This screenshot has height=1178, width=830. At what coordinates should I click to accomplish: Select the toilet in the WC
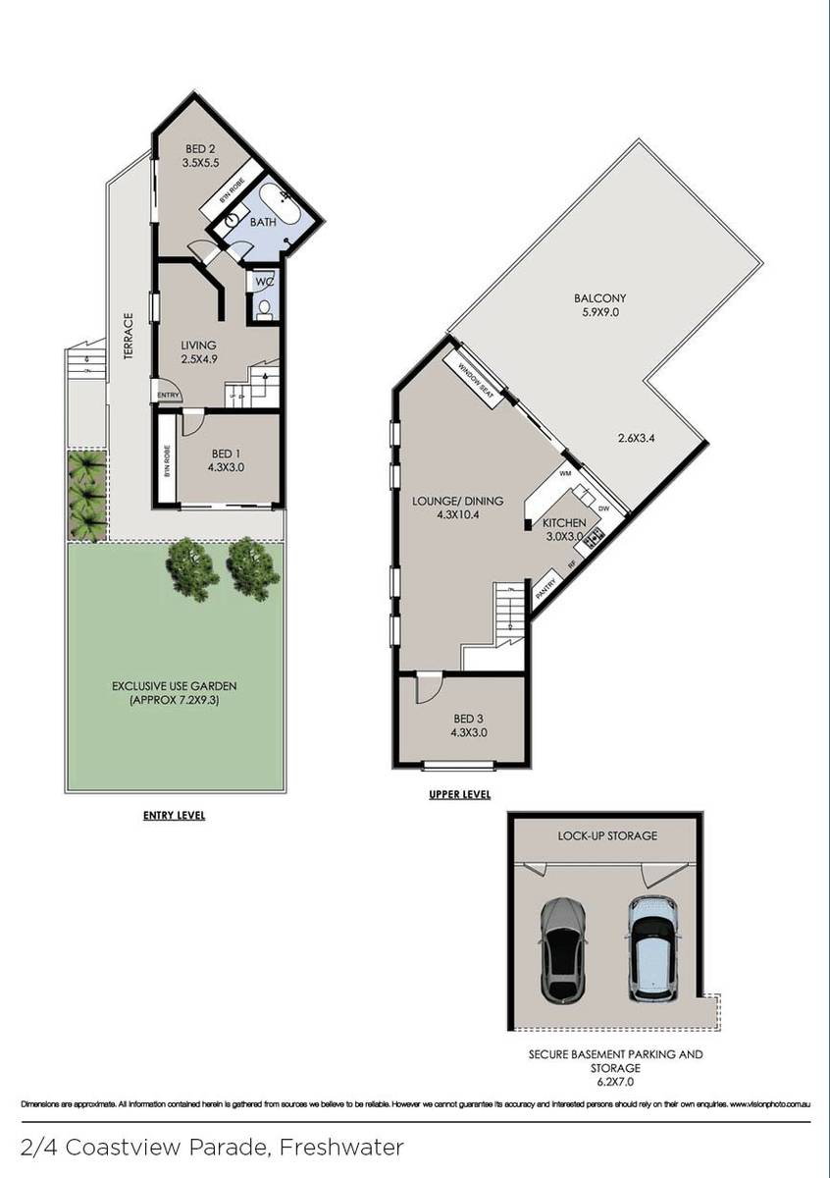pyautogui.click(x=264, y=308)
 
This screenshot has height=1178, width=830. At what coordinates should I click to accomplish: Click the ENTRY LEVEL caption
pyautogui.click(x=175, y=815)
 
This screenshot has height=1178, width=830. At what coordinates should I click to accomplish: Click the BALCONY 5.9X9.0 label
pyautogui.click(x=600, y=306)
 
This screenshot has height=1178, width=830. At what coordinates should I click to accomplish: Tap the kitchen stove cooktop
pyautogui.click(x=593, y=537)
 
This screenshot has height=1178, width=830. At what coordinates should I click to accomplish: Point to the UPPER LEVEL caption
pyautogui.click(x=459, y=795)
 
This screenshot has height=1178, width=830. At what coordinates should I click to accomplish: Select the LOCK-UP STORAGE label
pyautogui.click(x=608, y=836)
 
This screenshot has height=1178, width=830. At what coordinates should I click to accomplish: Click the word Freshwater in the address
pyautogui.click(x=341, y=1147)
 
